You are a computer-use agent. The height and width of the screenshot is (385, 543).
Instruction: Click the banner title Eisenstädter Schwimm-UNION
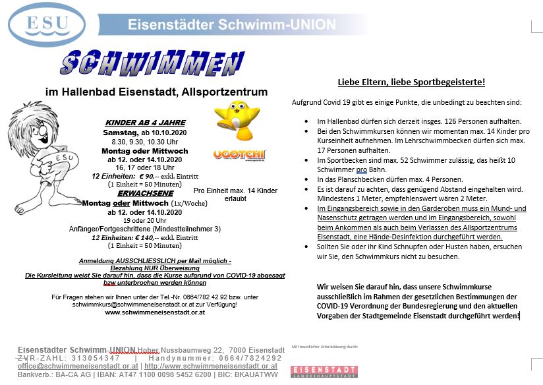tap(231, 25)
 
